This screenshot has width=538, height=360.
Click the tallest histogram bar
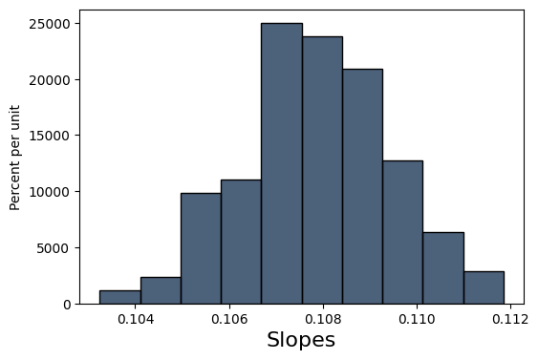tap(281, 163)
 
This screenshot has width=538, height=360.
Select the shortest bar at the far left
tap(119, 297)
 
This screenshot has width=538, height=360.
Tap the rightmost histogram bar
tap(484, 287)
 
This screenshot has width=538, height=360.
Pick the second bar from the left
tap(160, 290)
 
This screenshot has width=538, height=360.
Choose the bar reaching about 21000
tap(362, 186)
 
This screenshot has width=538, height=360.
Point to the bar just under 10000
tap(201, 248)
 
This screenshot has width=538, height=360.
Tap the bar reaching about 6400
tap(443, 267)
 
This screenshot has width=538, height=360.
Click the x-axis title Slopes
tap(301, 340)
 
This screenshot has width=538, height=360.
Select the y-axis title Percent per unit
tap(15, 158)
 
